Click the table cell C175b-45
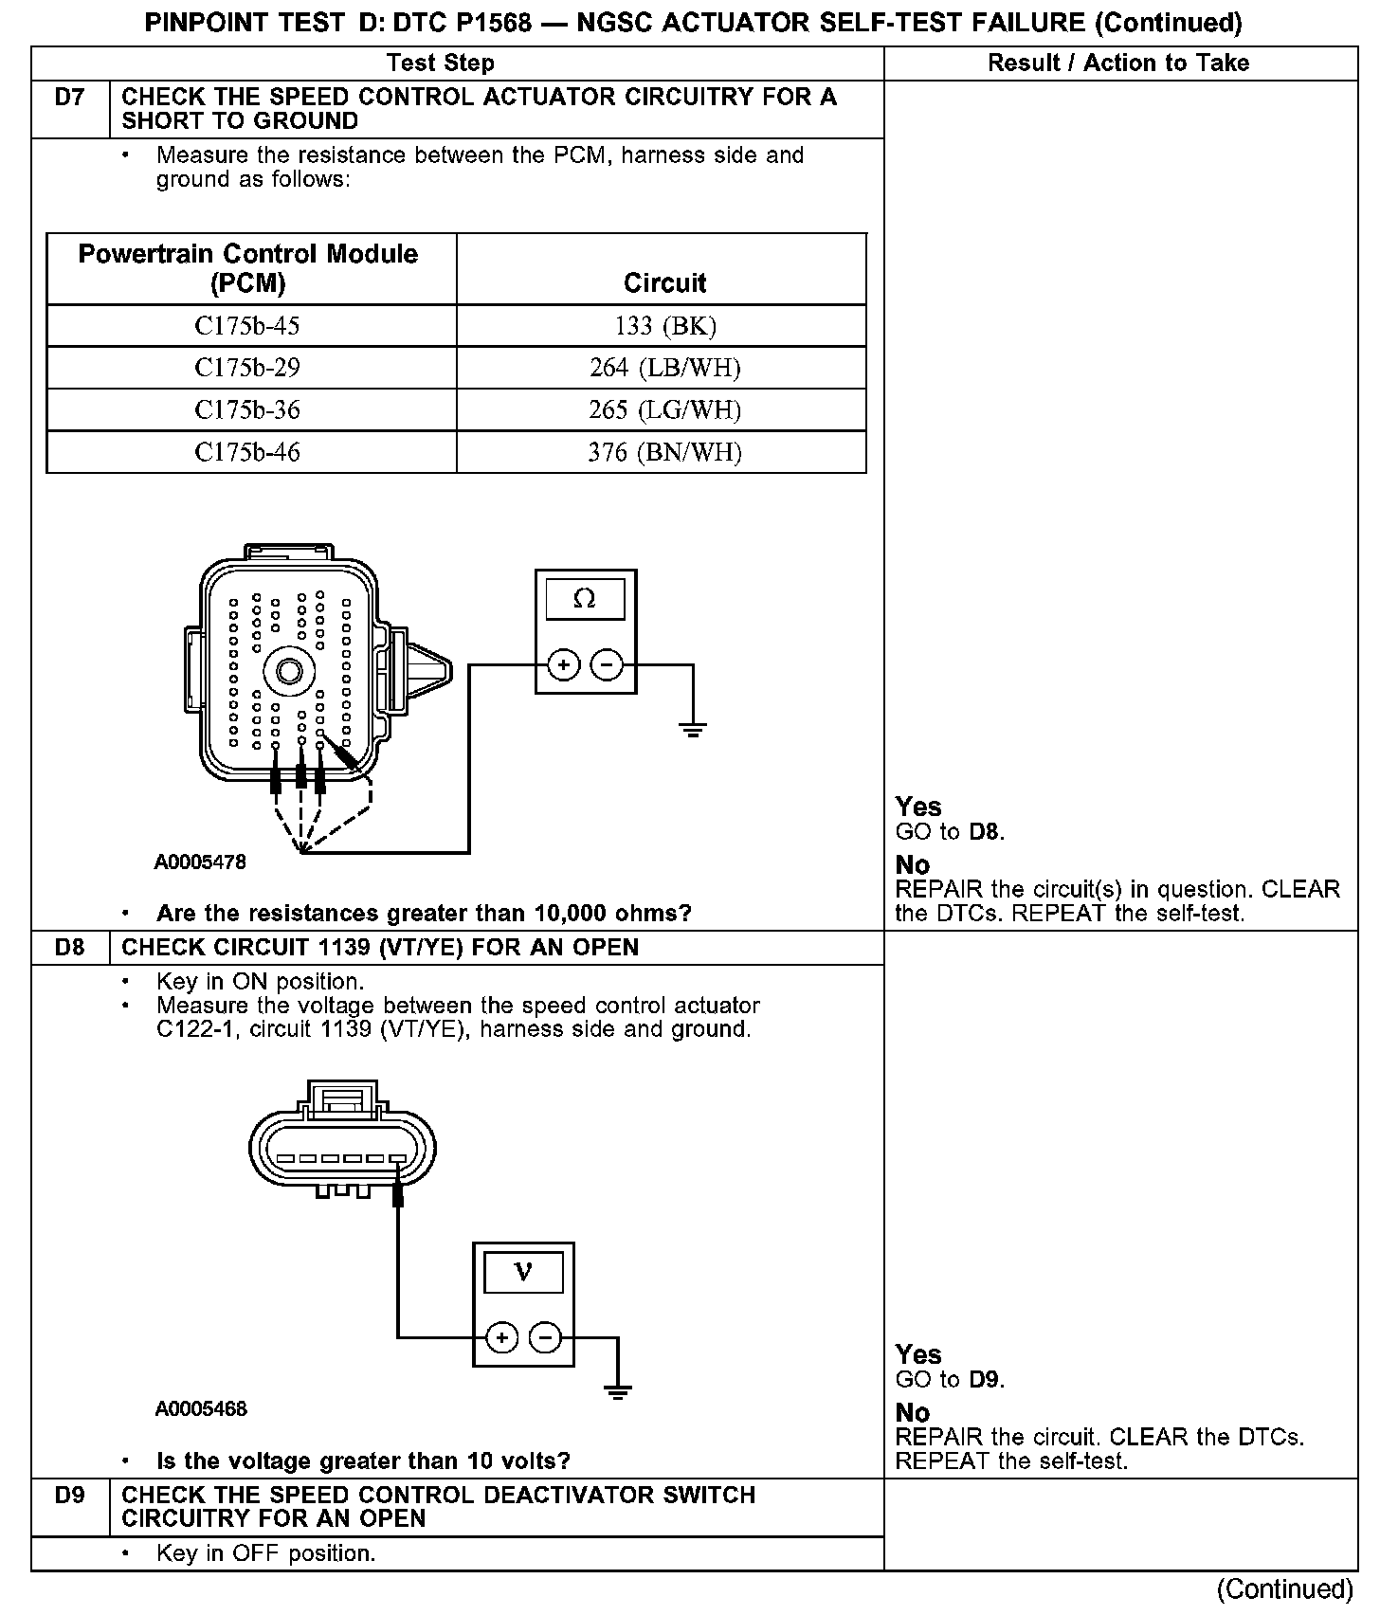coord(247,326)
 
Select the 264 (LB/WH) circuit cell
coord(664,368)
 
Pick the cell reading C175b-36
coord(247,409)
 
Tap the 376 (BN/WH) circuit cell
coord(664,452)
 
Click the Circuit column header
coord(664,282)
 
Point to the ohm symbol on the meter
coord(585,599)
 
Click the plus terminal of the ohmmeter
coord(563,665)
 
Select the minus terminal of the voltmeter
coord(545,1337)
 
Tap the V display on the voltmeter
coord(523,1272)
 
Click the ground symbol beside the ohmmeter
coord(693,730)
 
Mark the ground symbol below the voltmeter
coord(618,1392)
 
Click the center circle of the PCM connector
coord(289,672)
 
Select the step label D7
coord(70,98)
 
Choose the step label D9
coord(70,1496)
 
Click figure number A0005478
coord(200,862)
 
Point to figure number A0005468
coord(201,1409)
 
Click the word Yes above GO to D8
coord(917,807)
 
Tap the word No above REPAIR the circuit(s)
coord(912,864)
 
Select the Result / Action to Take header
coord(1118,64)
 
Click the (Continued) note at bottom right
coord(1285,1588)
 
